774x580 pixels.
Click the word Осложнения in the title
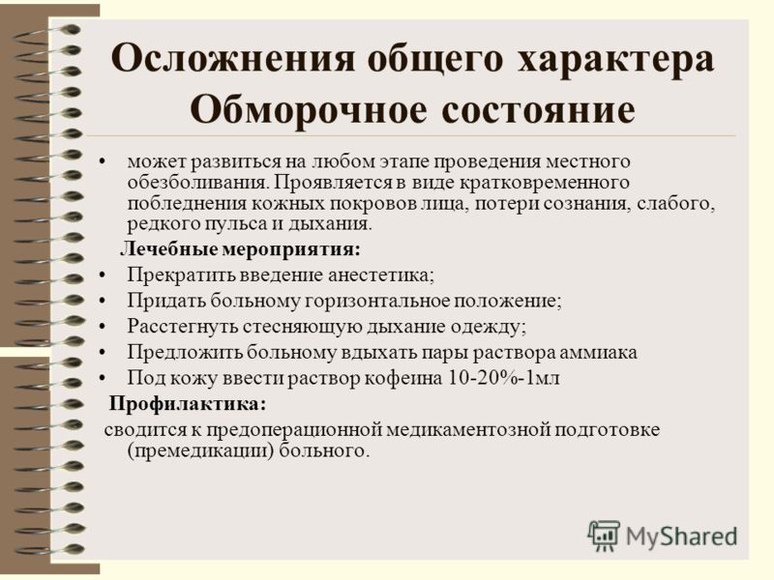[233, 59]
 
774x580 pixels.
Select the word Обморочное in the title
[309, 109]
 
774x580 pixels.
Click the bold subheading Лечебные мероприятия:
[240, 249]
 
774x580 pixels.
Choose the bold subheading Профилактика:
[188, 404]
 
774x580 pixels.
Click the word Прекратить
[181, 275]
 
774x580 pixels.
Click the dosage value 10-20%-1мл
[504, 378]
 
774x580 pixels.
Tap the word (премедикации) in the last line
[200, 450]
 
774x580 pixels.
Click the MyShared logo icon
[603, 536]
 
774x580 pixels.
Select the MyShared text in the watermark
[682, 536]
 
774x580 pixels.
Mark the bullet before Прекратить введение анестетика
[103, 275]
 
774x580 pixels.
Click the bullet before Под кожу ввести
[103, 378]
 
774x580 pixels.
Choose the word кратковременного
[545, 183]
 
